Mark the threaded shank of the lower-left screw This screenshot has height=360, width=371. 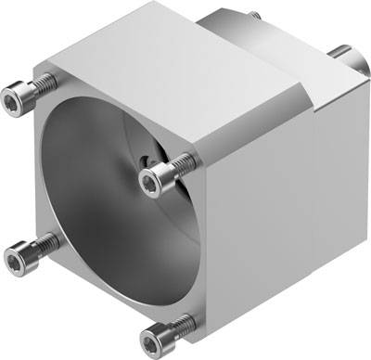point(38,244)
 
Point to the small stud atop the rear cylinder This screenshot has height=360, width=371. point(252,12)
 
